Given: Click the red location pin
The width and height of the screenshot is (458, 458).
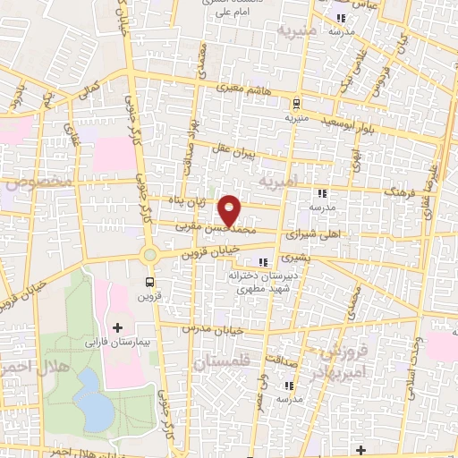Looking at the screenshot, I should (x=231, y=209).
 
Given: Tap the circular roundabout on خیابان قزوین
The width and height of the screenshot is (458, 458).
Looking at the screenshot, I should (x=149, y=255).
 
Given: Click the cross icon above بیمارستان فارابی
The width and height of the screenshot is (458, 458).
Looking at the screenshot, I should (x=117, y=327).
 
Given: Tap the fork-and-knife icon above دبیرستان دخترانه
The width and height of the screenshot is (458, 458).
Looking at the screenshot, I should (x=263, y=262).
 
